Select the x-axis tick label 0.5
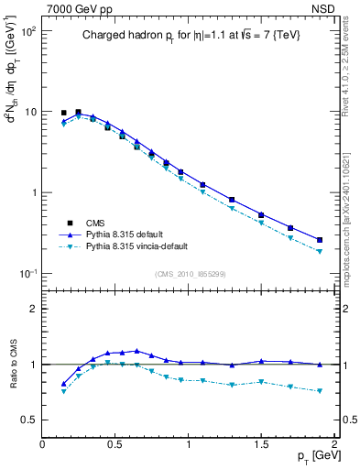[x=115, y=444]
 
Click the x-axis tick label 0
[x=42, y=444]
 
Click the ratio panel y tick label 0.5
[x=28, y=420]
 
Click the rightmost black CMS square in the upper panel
[x=320, y=240]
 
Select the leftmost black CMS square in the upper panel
[x=64, y=113]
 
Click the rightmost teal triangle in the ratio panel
[x=320, y=391]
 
